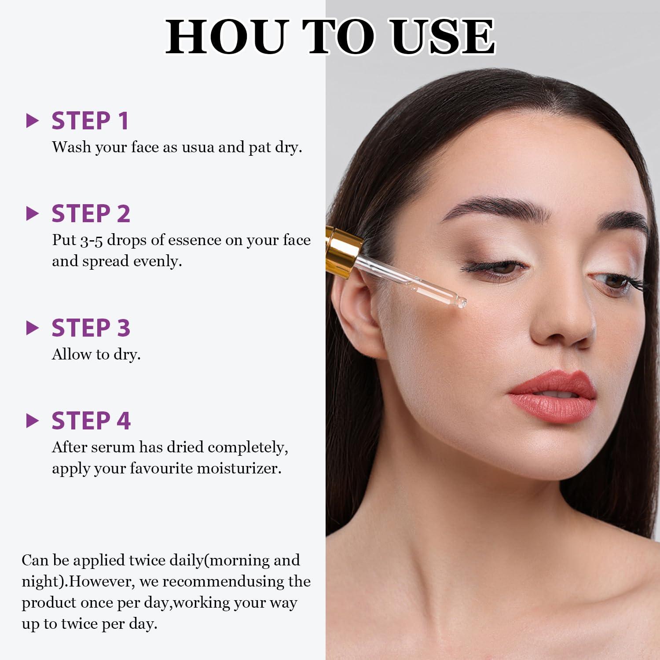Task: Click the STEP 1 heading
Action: point(90,121)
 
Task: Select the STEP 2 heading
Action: point(91,213)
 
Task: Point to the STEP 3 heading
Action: point(91,328)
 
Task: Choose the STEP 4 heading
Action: point(91,421)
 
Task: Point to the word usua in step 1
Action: point(198,147)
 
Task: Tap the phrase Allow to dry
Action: point(96,354)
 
